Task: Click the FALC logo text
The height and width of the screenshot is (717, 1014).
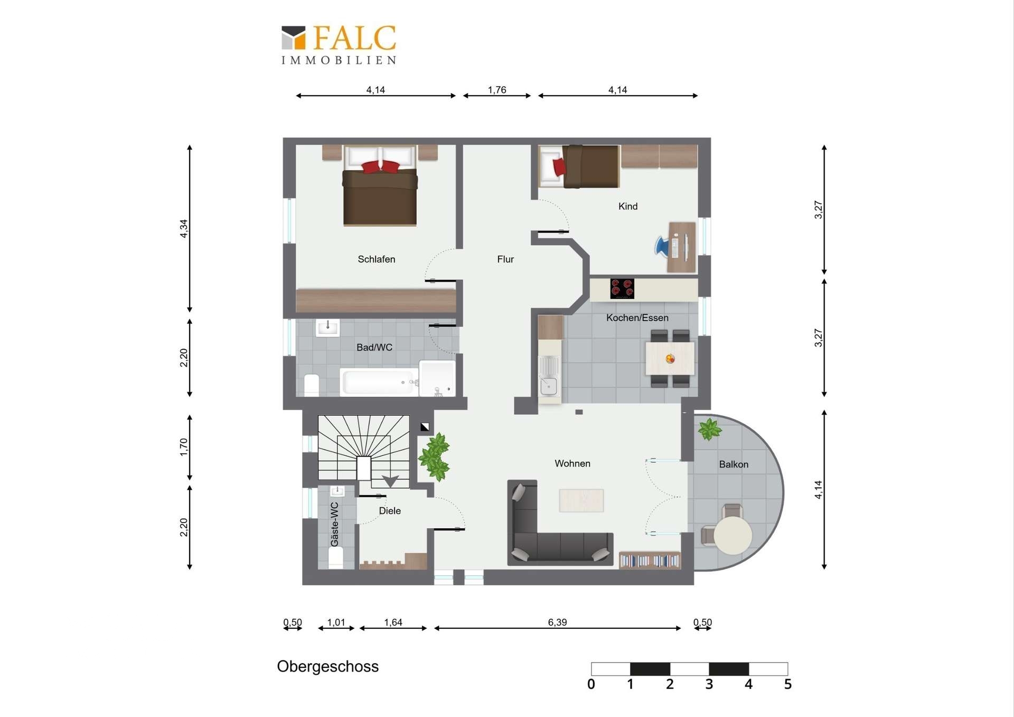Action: pyautogui.click(x=354, y=38)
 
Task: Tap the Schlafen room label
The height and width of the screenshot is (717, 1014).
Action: pyautogui.click(x=377, y=259)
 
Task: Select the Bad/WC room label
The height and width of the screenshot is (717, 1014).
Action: pyautogui.click(x=374, y=347)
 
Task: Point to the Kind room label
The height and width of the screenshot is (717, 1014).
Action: pyautogui.click(x=628, y=206)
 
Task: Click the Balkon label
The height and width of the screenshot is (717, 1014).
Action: pyautogui.click(x=734, y=464)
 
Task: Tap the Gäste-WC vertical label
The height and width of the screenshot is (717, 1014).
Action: pyautogui.click(x=334, y=524)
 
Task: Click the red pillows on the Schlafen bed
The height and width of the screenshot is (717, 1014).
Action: pyautogui.click(x=381, y=167)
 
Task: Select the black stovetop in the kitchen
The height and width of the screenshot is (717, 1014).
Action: pyautogui.click(x=622, y=288)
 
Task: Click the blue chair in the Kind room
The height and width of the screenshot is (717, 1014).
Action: pyautogui.click(x=662, y=246)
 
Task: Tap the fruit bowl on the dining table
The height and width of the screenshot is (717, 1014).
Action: pyautogui.click(x=670, y=359)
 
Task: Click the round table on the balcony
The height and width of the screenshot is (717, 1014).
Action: pyautogui.click(x=733, y=535)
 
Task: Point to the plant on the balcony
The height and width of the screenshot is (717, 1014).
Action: pyautogui.click(x=709, y=429)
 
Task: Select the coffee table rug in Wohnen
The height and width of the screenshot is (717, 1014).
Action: pyautogui.click(x=581, y=500)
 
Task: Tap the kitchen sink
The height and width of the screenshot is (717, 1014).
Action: pyautogui.click(x=549, y=376)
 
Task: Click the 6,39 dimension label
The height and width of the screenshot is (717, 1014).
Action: pyautogui.click(x=557, y=622)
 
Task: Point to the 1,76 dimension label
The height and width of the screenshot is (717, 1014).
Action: pyautogui.click(x=497, y=90)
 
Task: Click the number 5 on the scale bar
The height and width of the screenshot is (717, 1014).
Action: pyautogui.click(x=788, y=684)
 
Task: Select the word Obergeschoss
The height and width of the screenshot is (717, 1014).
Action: pyautogui.click(x=328, y=667)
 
